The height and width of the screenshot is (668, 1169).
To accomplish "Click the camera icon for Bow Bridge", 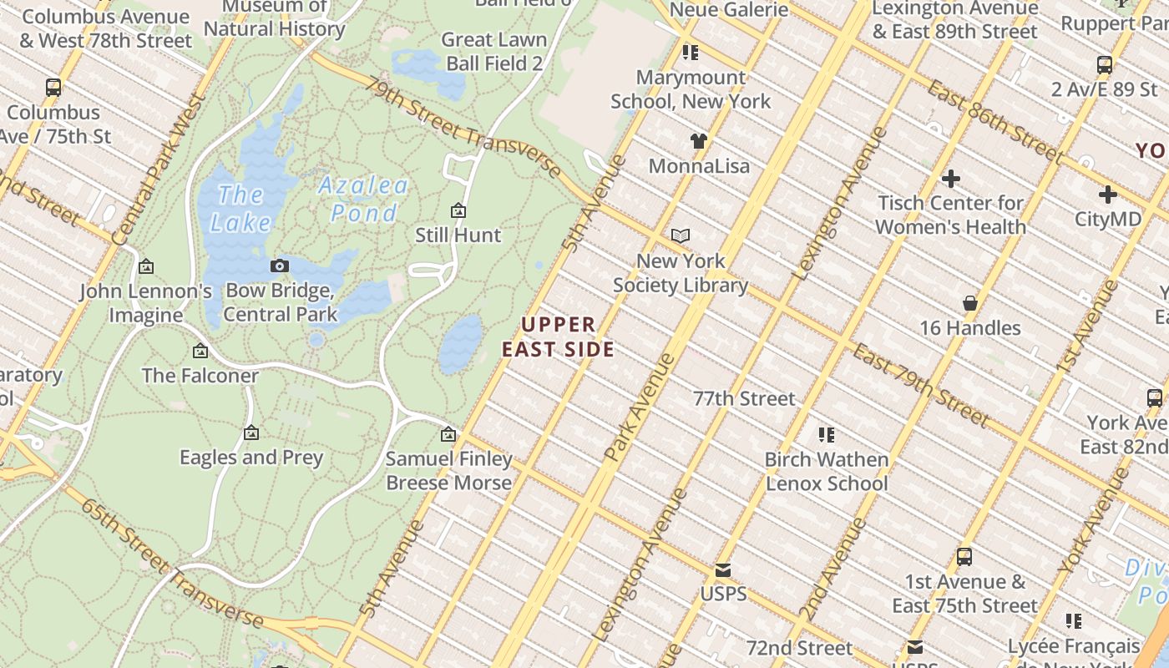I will point(280,266).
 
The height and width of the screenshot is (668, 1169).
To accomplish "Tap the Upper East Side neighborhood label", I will point(559,337).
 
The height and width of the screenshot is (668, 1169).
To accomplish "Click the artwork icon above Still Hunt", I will point(458,210).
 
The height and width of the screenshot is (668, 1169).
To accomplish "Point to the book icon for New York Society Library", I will point(681,236).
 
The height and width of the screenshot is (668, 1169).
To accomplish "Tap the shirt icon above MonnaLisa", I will point(698,140).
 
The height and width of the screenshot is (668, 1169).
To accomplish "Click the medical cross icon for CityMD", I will point(1107,195).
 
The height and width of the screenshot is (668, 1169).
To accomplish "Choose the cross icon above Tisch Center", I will point(950,178).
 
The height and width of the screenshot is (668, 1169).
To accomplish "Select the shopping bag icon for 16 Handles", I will point(970,302).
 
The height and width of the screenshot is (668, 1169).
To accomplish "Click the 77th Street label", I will point(744,398).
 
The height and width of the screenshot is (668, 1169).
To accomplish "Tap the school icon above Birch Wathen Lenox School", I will point(827,434).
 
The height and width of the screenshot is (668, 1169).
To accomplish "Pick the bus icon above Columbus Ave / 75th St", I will point(53,87).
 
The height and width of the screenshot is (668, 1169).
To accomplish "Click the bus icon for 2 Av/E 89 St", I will point(1105,64).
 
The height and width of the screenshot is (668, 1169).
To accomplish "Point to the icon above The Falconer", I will point(200,351).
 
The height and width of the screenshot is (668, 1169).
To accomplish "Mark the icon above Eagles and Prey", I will point(251,433).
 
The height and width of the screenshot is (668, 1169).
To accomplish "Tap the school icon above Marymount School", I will point(690,53).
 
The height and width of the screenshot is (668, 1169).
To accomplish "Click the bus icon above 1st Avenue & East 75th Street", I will point(964,556).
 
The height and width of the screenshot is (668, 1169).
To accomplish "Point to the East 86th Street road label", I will point(994,123).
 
